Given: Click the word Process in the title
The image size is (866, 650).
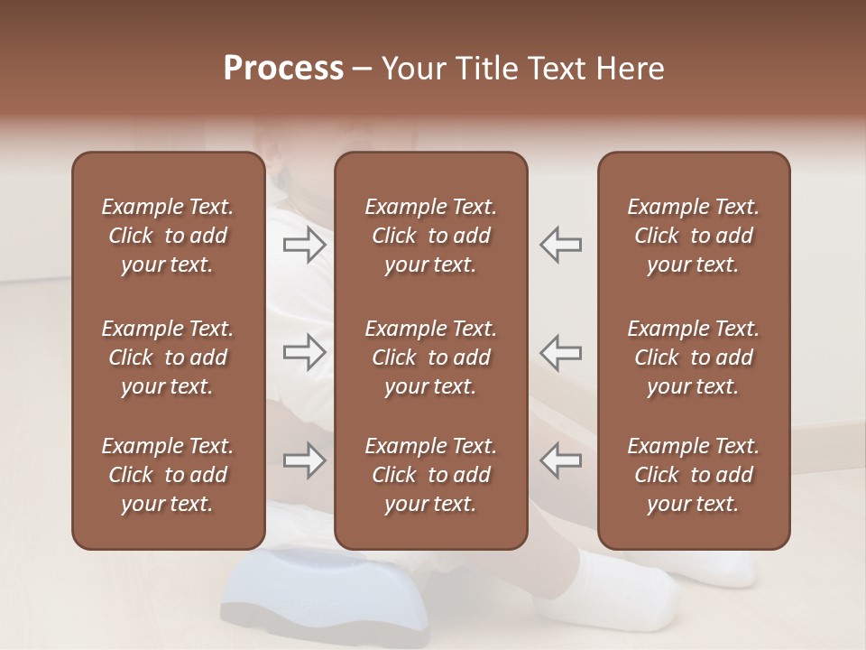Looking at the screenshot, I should (283, 69).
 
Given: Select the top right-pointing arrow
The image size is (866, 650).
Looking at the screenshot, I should (304, 245).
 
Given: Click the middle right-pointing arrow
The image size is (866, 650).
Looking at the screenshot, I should (304, 352).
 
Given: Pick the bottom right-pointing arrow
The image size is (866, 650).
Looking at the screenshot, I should (304, 460).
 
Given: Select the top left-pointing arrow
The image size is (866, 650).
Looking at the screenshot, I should (561, 245).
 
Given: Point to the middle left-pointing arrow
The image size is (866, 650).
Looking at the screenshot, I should (561, 352).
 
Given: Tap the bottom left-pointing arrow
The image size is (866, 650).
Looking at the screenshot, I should (561, 460).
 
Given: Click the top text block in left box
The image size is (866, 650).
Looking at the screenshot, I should (168, 236).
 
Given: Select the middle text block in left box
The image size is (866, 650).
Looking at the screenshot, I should (168, 357).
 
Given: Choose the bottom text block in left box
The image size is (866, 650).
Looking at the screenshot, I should (168, 475).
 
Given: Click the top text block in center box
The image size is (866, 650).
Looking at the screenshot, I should (430, 236).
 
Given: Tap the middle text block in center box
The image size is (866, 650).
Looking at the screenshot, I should (430, 357).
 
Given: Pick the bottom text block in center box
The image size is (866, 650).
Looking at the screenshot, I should (430, 475).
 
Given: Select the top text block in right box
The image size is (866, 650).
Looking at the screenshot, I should (693, 236).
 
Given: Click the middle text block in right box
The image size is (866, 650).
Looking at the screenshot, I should (693, 357).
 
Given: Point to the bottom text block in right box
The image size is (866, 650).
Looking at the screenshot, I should (693, 475).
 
